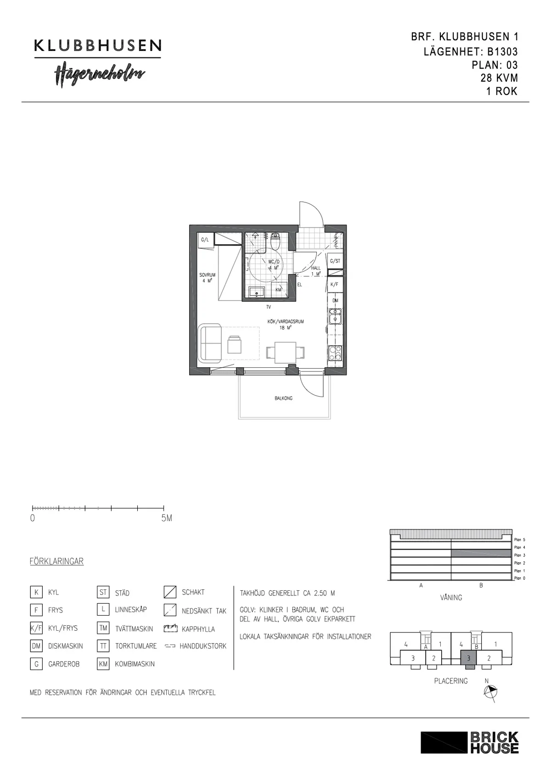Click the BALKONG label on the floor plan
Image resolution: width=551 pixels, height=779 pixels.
pos(283,398)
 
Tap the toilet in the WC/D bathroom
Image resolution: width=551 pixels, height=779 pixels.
pos(275,241)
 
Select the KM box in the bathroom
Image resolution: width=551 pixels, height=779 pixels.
pos(278,290)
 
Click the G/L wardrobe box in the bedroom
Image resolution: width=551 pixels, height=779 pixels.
pos(205,240)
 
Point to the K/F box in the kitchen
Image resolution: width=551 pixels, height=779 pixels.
pos(334,284)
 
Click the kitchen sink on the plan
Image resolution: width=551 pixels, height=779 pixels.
pos(335,315)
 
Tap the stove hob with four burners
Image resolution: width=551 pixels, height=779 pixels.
pos(335,353)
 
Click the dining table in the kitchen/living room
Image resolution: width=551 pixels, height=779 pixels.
pos(286,353)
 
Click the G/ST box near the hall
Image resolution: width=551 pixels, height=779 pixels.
pos(335,261)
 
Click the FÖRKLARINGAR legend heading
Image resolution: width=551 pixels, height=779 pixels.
pos(56,561)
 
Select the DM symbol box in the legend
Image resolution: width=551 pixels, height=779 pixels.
pos(36,646)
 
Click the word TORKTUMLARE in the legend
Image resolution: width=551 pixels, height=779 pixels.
pos(136,646)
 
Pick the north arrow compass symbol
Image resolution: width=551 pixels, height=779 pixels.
pos(490,692)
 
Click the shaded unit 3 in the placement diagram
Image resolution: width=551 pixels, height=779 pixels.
pos(468,658)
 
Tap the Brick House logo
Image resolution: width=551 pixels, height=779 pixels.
pos(469,742)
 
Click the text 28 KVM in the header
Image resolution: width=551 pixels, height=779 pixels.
pos(499,78)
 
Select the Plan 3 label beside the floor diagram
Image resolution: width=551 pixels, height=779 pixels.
pos(519,555)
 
